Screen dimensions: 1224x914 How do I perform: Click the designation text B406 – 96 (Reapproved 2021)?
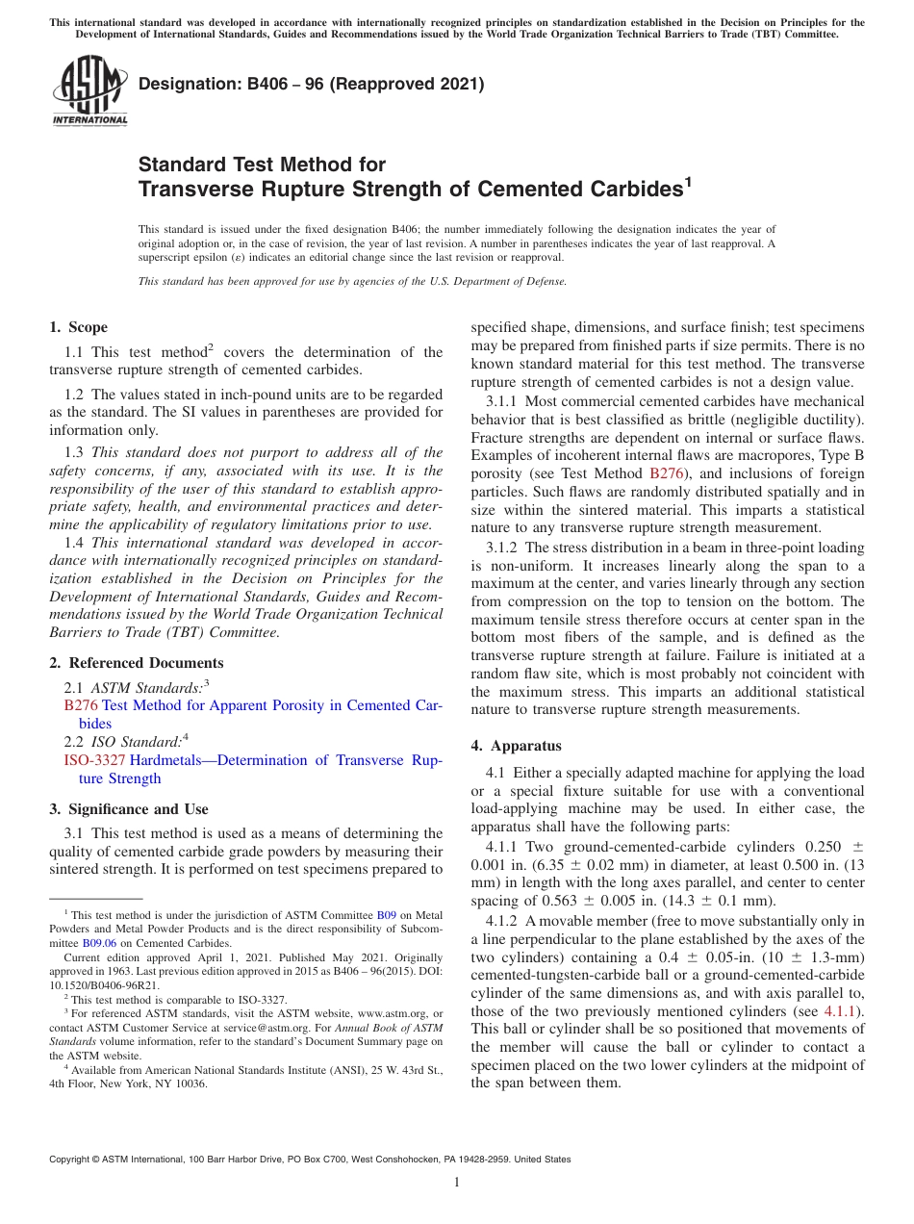(311, 85)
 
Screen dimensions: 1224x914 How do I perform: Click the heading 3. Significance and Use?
(128, 809)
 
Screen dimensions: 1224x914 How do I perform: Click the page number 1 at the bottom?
(457, 1183)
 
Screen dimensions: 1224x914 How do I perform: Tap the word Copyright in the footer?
(73, 1160)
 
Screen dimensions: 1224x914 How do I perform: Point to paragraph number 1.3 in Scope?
(74, 452)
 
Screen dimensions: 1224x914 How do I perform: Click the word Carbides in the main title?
(633, 190)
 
